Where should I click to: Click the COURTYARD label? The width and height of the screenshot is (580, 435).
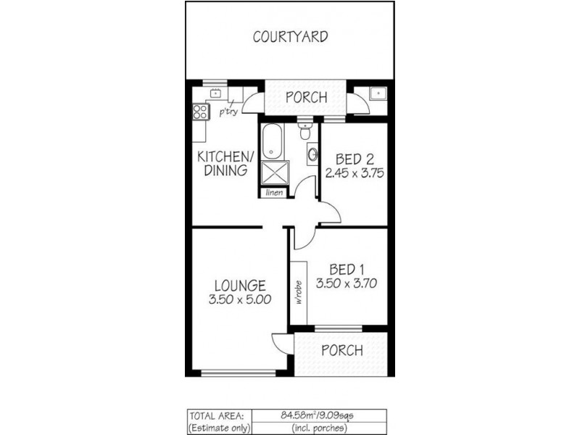[290, 37]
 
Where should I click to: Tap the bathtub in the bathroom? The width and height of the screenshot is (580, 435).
[270, 142]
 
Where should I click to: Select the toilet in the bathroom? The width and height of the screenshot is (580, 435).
[305, 133]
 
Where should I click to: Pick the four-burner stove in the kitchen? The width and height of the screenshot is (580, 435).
[200, 112]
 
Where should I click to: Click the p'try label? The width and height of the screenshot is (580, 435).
[228, 112]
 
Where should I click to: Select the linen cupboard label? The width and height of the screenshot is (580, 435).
[274, 192]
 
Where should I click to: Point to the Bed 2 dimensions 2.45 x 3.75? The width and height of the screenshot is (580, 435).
[355, 173]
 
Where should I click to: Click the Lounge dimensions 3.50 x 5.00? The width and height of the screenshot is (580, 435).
[239, 299]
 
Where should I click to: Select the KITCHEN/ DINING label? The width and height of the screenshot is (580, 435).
[225, 164]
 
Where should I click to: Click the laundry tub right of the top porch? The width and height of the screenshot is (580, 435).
[376, 94]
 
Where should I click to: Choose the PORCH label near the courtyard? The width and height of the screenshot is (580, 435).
[305, 98]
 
